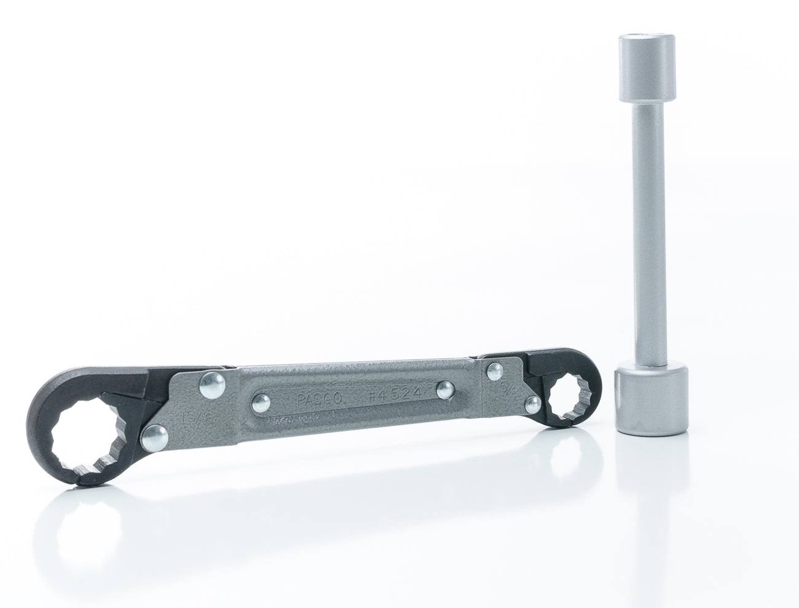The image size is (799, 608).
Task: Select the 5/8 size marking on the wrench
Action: click(508, 388)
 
